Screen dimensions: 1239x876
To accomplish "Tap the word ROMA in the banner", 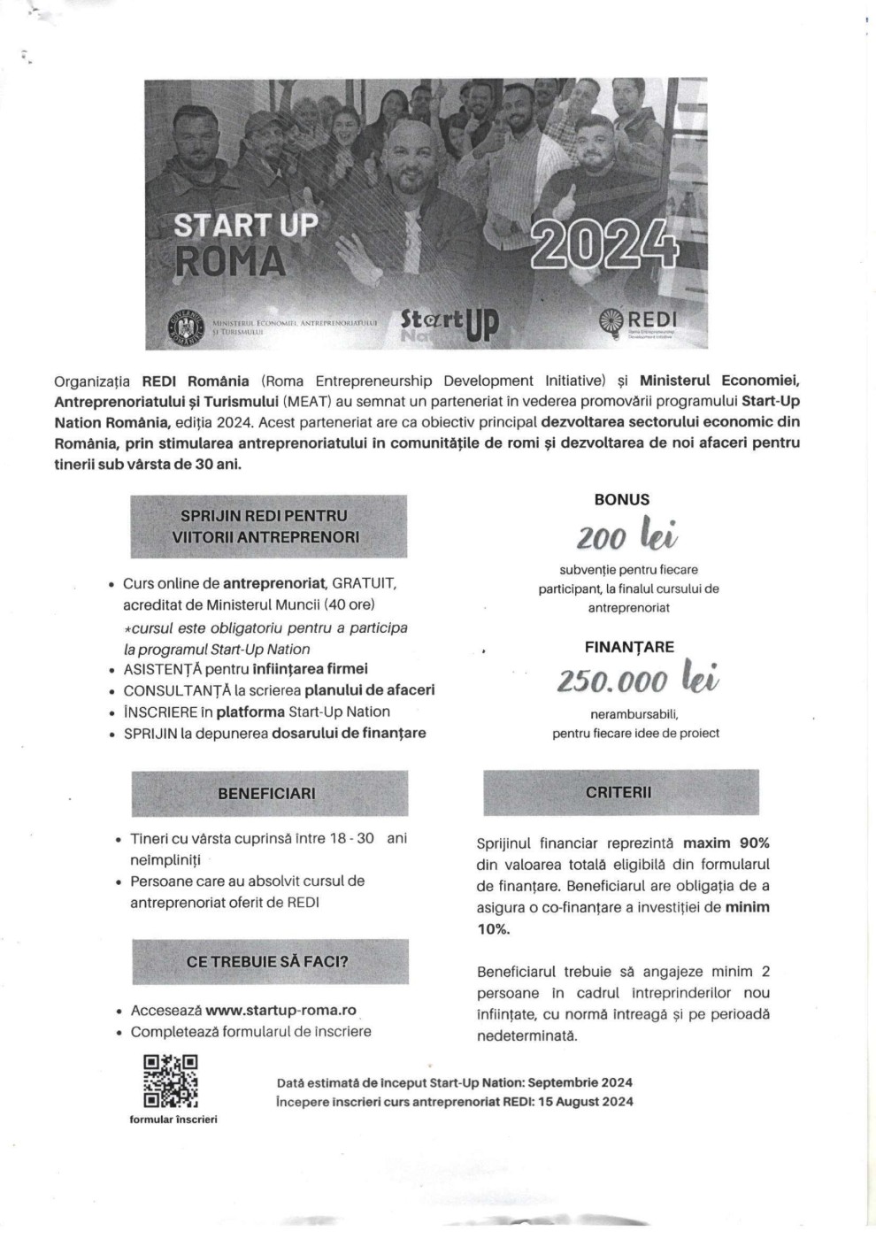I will (x=230, y=261).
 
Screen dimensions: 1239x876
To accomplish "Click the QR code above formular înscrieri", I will (x=171, y=1081).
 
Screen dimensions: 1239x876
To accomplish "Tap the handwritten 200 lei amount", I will (x=627, y=535).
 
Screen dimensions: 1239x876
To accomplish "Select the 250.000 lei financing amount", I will (x=637, y=681).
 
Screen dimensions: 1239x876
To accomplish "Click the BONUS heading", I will (x=622, y=499).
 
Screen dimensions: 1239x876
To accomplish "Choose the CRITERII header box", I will (x=620, y=792).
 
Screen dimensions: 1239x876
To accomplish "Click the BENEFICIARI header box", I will (x=269, y=793).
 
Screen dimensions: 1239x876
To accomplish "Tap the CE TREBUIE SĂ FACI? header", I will (x=270, y=961).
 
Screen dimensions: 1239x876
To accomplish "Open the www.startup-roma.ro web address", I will (x=280, y=1010).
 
